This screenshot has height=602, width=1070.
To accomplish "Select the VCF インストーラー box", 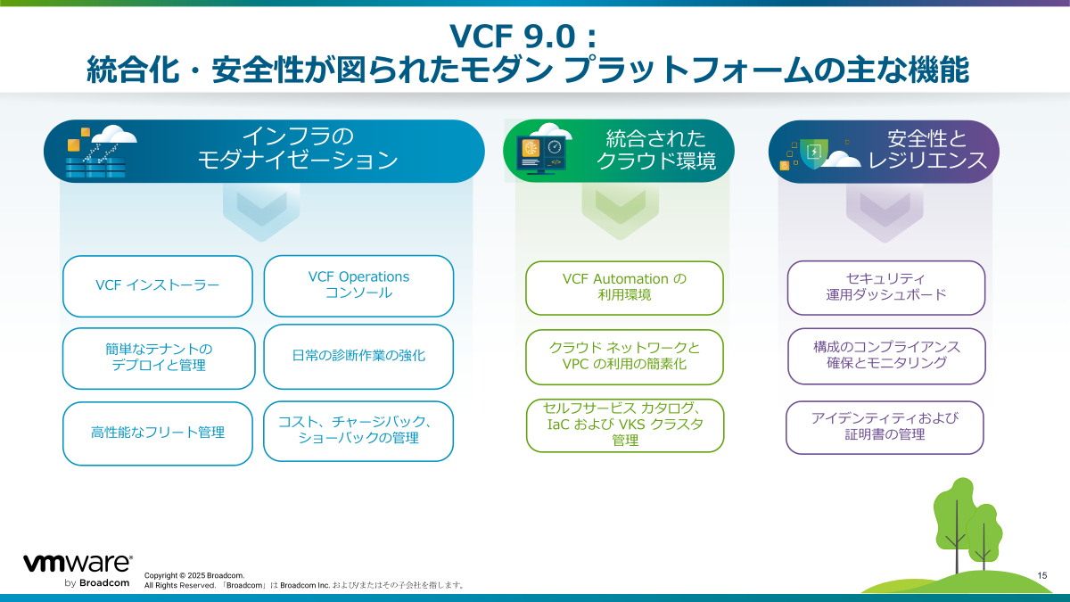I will point(158,285).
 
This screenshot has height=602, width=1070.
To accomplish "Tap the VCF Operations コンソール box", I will point(358,285).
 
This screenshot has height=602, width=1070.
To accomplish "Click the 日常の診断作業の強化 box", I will point(358,356).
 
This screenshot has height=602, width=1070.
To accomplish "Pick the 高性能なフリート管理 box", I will point(158,433).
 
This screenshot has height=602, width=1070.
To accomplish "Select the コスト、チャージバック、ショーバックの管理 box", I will point(358,430).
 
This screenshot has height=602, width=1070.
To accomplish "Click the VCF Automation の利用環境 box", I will point(624,287).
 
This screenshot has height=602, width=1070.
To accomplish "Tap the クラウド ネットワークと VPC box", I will point(624,356).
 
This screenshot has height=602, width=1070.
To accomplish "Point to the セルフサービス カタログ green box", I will point(624,425).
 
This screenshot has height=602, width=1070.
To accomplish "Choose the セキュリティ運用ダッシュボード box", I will point(886,287).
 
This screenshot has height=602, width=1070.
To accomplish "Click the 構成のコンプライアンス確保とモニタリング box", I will point(886,355).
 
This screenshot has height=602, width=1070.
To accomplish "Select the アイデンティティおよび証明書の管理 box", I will point(885,427).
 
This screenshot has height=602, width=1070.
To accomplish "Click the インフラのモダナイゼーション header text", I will point(298,149).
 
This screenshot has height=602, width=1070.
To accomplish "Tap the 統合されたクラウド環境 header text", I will point(655,150).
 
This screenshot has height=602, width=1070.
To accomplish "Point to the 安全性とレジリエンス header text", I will point(927,150).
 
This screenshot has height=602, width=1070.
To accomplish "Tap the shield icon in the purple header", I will point(813,153).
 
